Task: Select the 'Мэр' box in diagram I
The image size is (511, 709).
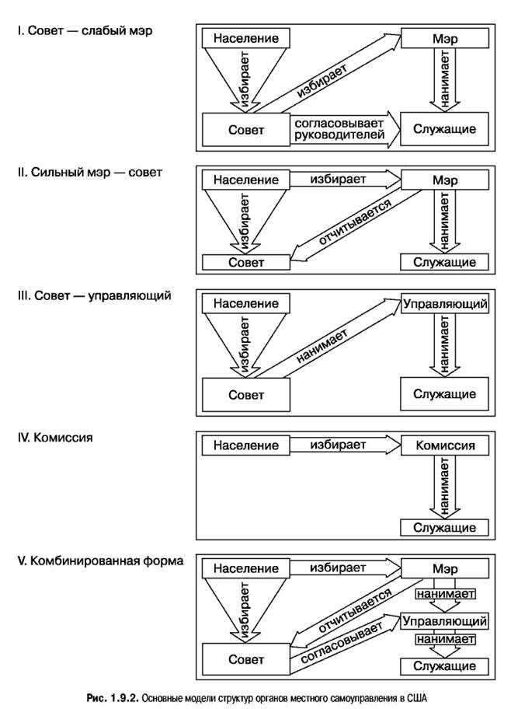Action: pyautogui.click(x=445, y=37)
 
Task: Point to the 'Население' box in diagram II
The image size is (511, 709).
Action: pyautogui.click(x=245, y=180)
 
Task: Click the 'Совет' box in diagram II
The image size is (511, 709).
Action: pyautogui.click(x=245, y=262)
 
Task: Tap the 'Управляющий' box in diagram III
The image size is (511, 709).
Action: pyautogui.click(x=445, y=303)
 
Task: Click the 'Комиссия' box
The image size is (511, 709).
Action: pyautogui.click(x=445, y=445)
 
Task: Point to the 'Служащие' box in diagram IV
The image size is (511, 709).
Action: pyautogui.click(x=445, y=528)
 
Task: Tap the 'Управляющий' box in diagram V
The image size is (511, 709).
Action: pyautogui.click(x=445, y=621)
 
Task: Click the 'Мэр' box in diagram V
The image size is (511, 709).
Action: pyautogui.click(x=445, y=569)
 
